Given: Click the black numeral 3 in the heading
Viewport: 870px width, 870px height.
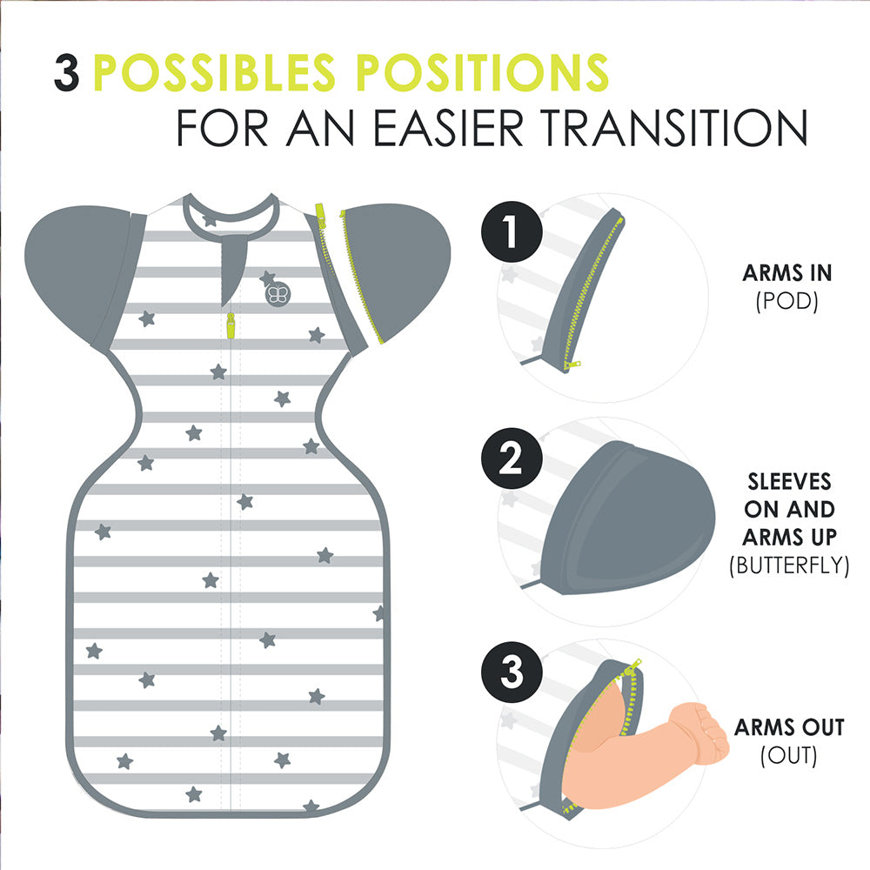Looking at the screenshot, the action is click(x=67, y=73).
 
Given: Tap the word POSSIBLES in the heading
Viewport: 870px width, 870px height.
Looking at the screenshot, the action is click(x=214, y=72).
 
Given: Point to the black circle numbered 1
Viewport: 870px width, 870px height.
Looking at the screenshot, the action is click(x=511, y=231).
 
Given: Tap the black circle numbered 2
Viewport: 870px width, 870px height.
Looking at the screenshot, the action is click(x=511, y=458).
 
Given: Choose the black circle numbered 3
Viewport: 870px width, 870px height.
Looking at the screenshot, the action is click(x=511, y=672).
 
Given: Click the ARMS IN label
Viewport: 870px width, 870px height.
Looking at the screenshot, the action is click(x=786, y=273).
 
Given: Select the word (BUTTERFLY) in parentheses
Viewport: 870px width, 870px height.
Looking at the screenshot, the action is click(x=789, y=565).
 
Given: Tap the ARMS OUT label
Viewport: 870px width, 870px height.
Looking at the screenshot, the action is click(x=789, y=726).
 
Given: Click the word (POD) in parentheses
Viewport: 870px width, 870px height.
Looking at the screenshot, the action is click(x=786, y=301).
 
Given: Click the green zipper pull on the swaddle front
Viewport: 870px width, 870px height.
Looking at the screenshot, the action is click(x=231, y=325).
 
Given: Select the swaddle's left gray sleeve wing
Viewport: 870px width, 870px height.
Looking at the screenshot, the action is click(x=84, y=275).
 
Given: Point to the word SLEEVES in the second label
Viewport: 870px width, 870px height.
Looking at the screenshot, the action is click(x=789, y=482).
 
